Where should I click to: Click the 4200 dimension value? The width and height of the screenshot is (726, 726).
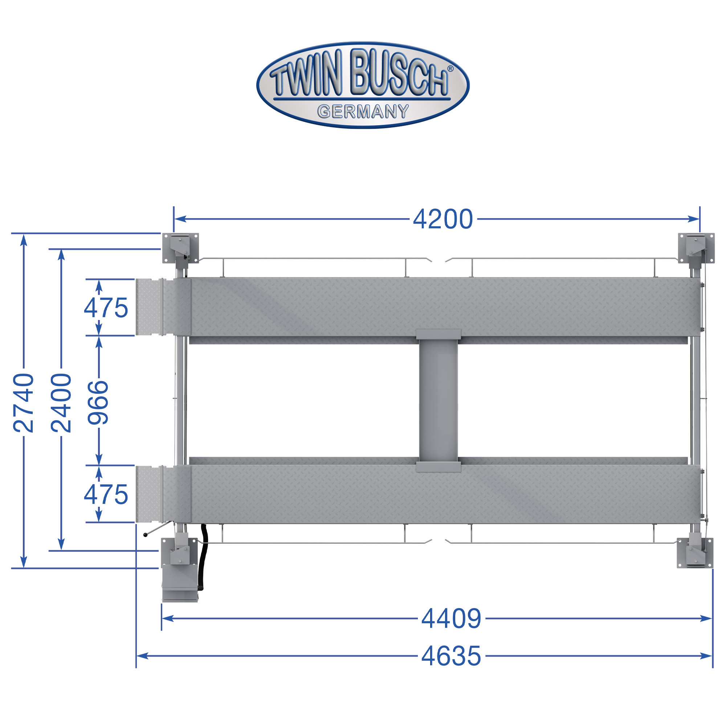442,219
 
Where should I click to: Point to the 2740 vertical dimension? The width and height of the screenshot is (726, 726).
24,403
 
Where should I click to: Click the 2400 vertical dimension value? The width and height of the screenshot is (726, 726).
61,403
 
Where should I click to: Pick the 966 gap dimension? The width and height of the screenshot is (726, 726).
98,403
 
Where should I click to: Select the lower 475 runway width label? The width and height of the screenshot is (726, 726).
106,494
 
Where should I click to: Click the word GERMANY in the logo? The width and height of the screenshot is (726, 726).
363,111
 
